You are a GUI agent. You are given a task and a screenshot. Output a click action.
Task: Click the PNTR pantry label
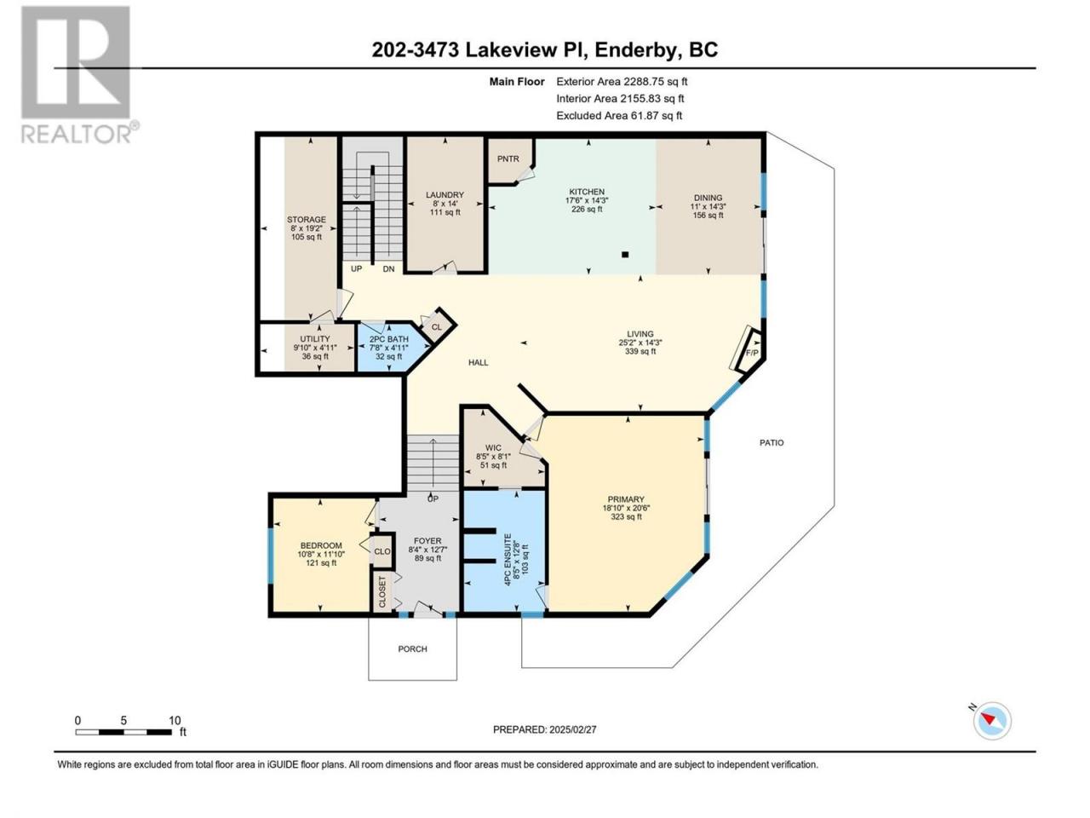[508, 159]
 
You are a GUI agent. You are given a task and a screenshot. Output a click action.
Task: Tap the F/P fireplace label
[752, 353]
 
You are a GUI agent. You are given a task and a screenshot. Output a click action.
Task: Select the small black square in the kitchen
[625, 255]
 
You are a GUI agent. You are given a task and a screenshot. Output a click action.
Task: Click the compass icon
[992, 721]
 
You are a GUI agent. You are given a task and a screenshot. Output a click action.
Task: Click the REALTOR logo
[78, 74]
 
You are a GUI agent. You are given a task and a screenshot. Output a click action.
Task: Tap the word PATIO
[772, 442]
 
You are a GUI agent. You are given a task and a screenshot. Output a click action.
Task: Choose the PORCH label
[412, 648]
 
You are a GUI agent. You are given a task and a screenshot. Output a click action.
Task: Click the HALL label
[479, 363]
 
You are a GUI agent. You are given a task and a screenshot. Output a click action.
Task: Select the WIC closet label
[493, 447]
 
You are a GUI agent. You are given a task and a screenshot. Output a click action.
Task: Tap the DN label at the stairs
[388, 268]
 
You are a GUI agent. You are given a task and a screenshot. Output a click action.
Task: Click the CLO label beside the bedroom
[381, 551]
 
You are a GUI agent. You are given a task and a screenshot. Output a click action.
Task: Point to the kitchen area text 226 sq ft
[587, 209]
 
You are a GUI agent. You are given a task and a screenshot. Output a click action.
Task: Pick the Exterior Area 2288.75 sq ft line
[622, 82]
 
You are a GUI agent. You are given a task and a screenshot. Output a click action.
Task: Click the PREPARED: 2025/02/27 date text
[544, 729]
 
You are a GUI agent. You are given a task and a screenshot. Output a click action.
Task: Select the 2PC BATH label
[389, 339]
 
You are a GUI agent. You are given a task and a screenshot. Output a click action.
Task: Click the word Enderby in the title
[637, 50]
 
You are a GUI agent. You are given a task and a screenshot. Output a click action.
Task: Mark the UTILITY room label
[315, 339]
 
